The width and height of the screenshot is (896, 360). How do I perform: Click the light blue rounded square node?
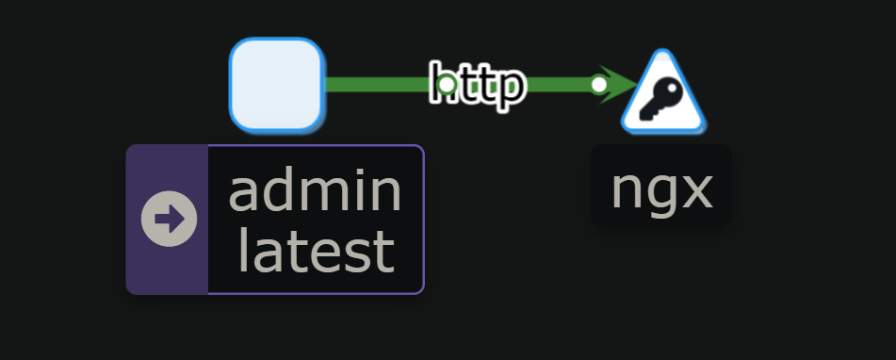tap(276, 84)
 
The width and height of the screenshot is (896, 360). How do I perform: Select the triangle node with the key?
tap(663, 95)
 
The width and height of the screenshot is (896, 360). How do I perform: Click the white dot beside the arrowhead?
tap(598, 84)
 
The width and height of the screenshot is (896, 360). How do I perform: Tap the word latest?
tap(316, 251)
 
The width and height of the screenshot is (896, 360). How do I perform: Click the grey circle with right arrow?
tap(169, 219)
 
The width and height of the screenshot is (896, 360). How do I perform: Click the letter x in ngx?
tap(695, 190)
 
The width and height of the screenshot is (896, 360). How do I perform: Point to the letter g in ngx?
tap(661, 194)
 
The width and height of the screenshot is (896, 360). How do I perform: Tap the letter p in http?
tap(508, 89)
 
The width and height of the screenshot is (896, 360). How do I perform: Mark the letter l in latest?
tap(243, 250)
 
